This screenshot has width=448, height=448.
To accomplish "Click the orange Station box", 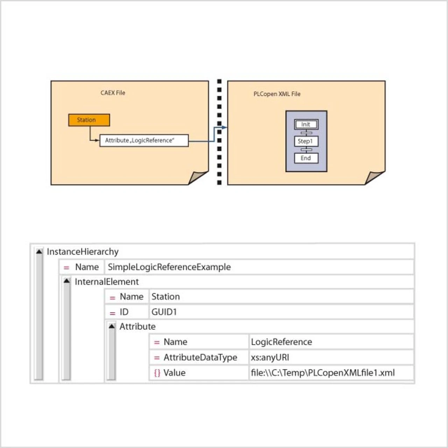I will click(x=89, y=120).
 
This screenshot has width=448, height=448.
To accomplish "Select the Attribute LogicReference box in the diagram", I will click(x=144, y=140).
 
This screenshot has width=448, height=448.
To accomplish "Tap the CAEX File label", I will click(x=113, y=93).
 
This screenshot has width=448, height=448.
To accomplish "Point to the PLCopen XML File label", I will click(x=277, y=94).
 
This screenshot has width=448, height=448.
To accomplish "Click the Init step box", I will click(x=306, y=124).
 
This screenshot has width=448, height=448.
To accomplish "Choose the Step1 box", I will click(x=306, y=141).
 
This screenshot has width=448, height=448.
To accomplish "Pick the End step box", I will click(x=306, y=158).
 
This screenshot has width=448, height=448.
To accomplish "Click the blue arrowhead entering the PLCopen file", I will click(x=224, y=127).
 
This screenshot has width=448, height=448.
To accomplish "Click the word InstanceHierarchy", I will click(x=83, y=252).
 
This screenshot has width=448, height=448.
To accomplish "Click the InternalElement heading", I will click(x=107, y=282).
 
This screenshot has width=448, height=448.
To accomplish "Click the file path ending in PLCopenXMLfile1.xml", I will click(x=323, y=373).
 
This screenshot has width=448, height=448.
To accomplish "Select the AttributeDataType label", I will click(x=200, y=357).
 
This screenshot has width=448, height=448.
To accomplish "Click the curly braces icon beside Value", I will click(x=157, y=373).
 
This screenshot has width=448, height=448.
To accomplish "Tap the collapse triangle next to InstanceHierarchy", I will click(x=39, y=252).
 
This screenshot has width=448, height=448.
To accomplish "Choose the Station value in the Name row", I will click(x=166, y=297).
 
